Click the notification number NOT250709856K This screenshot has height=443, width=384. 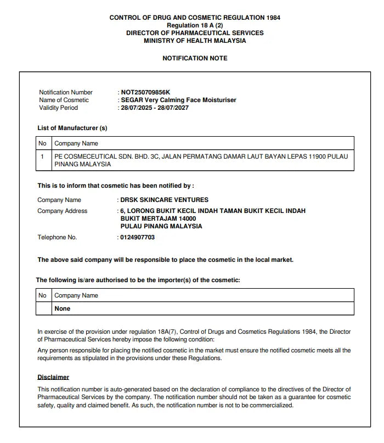pyautogui.click(x=145, y=92)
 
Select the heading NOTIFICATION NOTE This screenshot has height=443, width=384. pyautogui.click(x=195, y=58)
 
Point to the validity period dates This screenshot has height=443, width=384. pyautogui.click(x=155, y=108)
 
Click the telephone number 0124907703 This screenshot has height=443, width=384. pyautogui.click(x=137, y=237)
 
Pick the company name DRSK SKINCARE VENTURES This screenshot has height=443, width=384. pyautogui.click(x=164, y=200)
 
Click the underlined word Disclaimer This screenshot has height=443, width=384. pyautogui.click(x=53, y=377)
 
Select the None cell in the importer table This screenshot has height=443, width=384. pyautogui.click(x=63, y=309)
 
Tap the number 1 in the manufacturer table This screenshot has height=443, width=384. pyautogui.click(x=42, y=156)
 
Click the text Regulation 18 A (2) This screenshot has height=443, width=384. pyautogui.click(x=195, y=25)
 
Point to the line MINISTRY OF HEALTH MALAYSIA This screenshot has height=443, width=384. pyautogui.click(x=195, y=41)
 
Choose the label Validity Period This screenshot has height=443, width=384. pyautogui.click(x=58, y=108)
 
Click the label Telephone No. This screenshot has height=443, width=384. pyautogui.click(x=57, y=237)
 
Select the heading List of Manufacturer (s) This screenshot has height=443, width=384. pyautogui.click(x=72, y=128)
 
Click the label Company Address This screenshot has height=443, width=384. pyautogui.click(x=62, y=211)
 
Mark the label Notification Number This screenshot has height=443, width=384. pyautogui.click(x=66, y=92)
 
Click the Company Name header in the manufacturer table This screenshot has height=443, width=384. pyautogui.click(x=76, y=143)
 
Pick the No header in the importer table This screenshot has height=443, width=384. pyautogui.click(x=42, y=295)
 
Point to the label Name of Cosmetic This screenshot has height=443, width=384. pyautogui.click(x=64, y=100)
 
